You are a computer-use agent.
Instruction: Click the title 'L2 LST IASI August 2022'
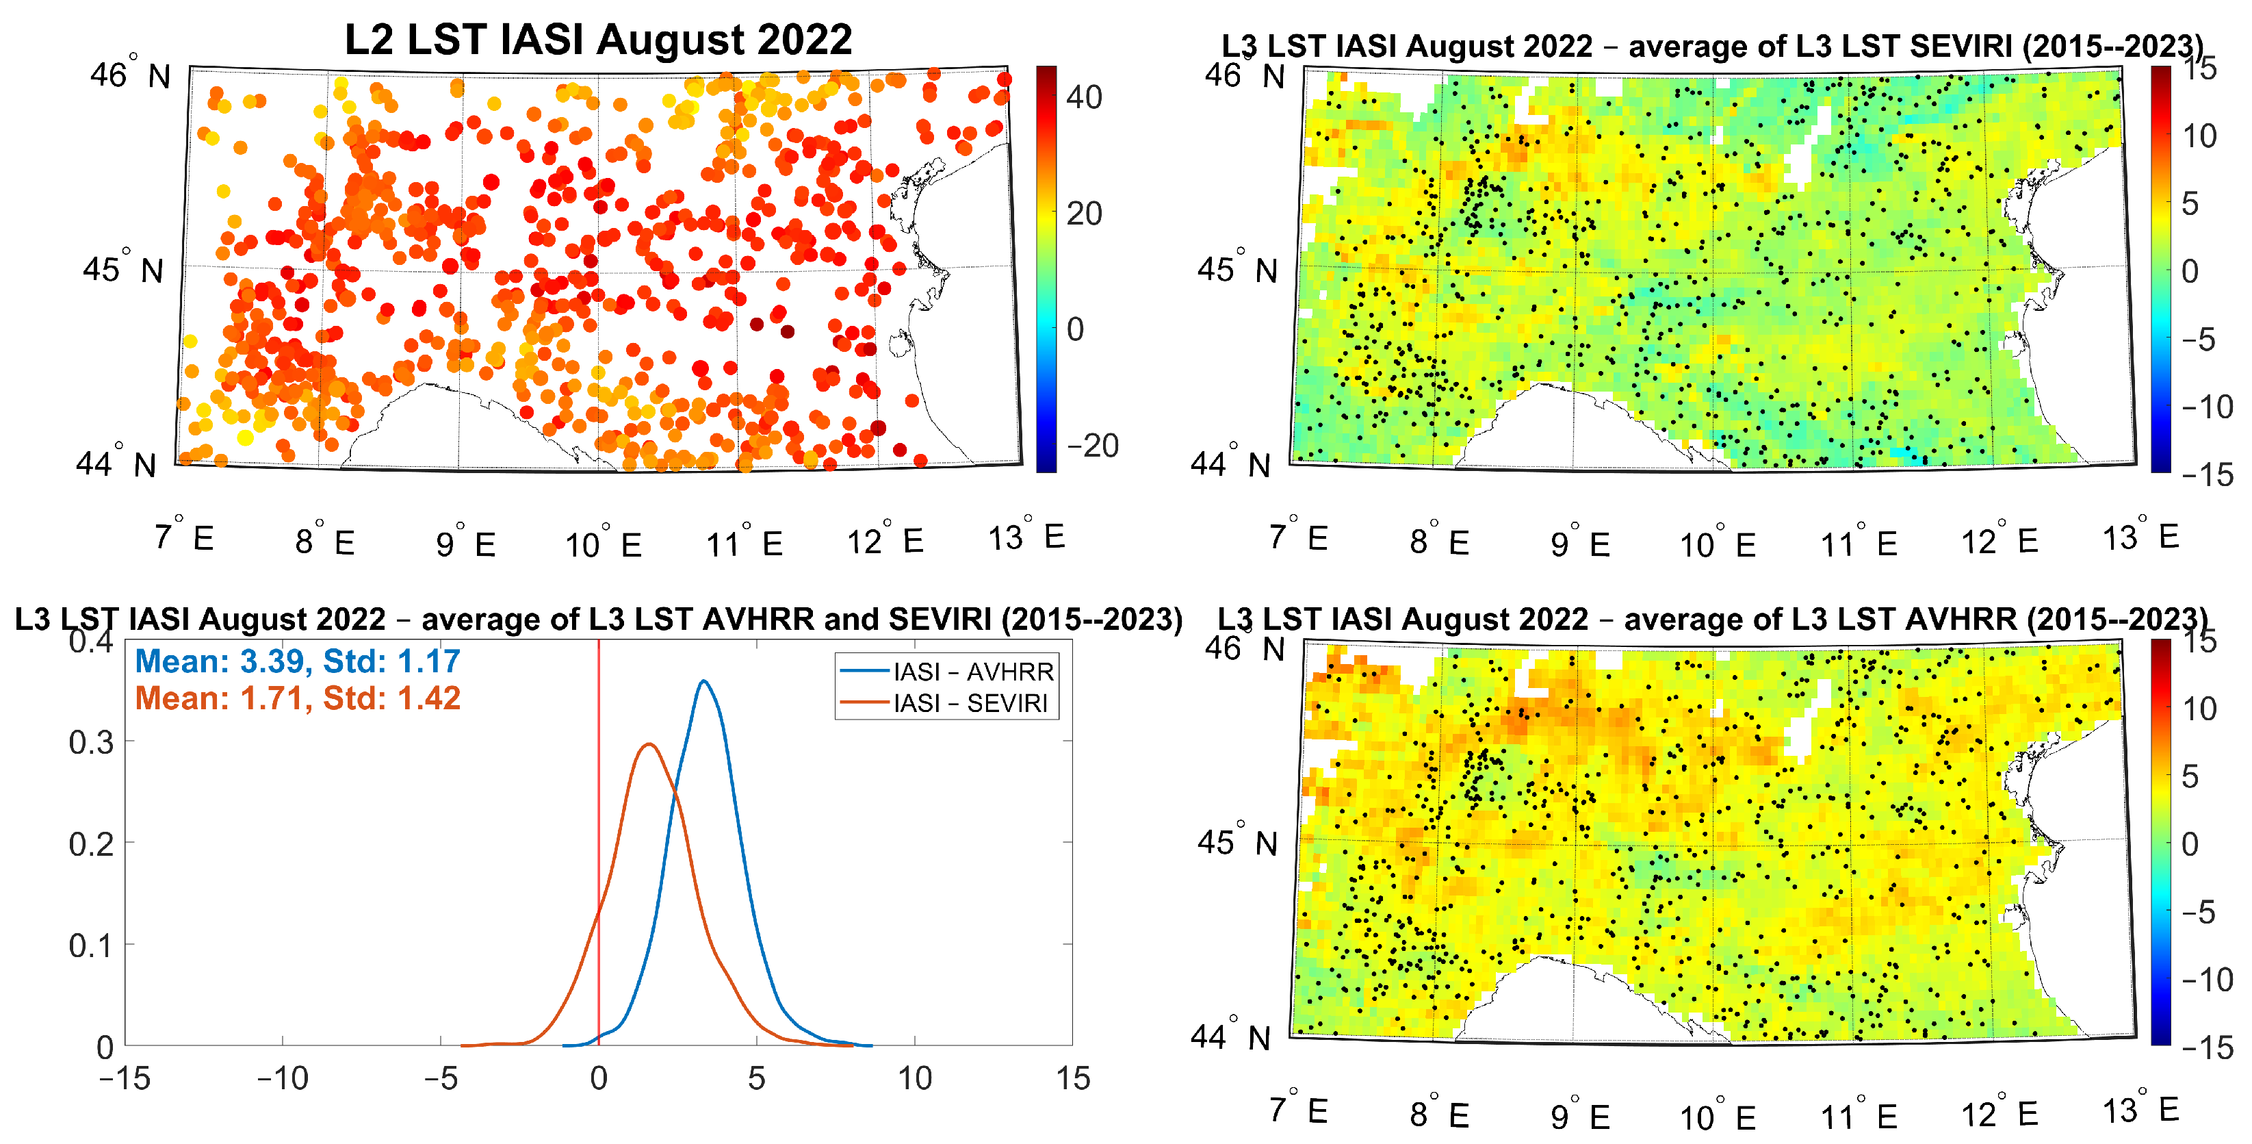598,39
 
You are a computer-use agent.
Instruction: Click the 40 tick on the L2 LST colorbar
1084,97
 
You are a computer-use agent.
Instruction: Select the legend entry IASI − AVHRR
973,672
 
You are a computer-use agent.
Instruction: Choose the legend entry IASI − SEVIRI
970,703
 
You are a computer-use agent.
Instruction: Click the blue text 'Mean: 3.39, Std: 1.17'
297,661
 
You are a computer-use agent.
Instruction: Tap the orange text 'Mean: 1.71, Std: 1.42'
297,698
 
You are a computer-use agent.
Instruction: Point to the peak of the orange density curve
649,744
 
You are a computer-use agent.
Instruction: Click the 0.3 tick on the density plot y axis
91,743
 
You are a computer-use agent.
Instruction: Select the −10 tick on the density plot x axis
283,1078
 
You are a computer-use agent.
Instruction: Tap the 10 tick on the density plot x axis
914,1078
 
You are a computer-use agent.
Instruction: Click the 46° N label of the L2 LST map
130,75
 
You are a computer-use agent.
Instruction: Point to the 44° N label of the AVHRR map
1230,1036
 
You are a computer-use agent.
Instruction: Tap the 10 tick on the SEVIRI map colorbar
2199,136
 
